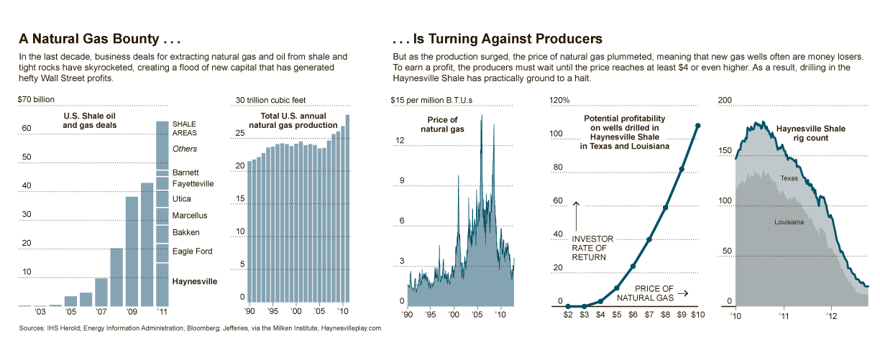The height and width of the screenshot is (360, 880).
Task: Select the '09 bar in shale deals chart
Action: click(x=132, y=251)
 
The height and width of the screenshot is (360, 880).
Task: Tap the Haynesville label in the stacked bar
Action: click(x=194, y=282)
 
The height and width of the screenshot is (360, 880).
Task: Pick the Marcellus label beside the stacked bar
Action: click(x=190, y=216)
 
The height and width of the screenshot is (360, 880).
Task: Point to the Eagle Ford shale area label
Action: click(x=193, y=251)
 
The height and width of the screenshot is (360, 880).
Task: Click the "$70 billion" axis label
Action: click(x=36, y=99)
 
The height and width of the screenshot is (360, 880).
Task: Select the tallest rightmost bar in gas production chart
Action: click(x=348, y=208)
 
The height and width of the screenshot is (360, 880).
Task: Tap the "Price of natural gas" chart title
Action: click(x=442, y=124)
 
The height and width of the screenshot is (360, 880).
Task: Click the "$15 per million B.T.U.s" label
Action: click(x=432, y=99)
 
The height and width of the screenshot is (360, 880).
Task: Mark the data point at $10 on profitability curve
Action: click(x=698, y=126)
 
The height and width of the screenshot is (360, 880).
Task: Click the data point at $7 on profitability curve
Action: click(x=649, y=240)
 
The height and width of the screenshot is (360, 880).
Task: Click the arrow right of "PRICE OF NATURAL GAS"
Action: click(x=682, y=293)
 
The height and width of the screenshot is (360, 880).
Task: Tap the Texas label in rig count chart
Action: click(x=789, y=178)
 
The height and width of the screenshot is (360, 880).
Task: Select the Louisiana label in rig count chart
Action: click(x=789, y=222)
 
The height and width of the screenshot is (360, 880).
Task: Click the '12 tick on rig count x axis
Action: click(x=832, y=315)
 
